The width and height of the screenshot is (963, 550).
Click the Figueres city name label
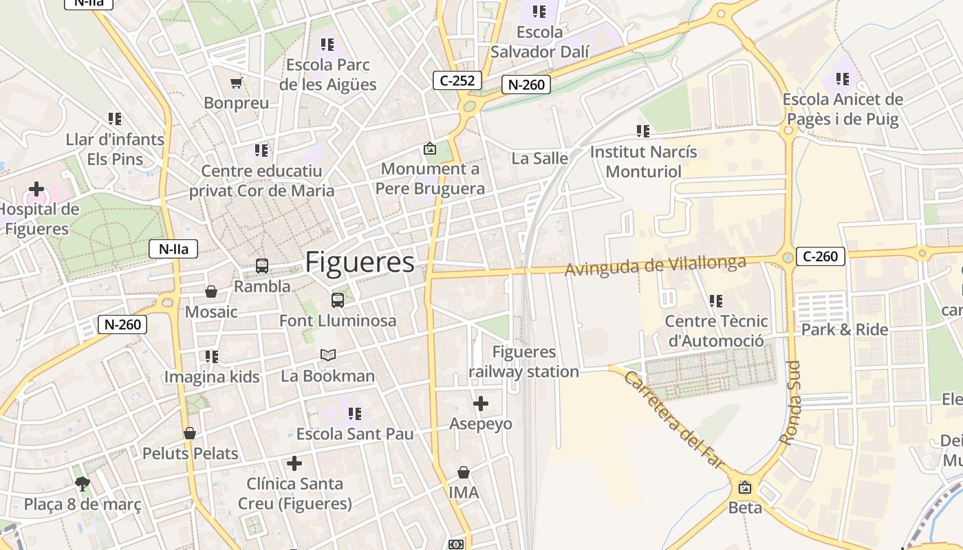(360, 263)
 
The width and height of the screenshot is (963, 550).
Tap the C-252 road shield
(457, 80)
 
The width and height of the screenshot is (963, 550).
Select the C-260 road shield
(821, 256)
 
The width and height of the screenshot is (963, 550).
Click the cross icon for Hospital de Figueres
(36, 188)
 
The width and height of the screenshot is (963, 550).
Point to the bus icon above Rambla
(261, 265)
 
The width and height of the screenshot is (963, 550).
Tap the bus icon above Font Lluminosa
(337, 300)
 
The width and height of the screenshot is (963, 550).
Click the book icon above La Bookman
(328, 355)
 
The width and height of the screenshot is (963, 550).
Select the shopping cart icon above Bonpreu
(237, 83)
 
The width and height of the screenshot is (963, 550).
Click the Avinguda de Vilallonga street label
(655, 266)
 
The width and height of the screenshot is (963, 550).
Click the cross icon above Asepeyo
(481, 403)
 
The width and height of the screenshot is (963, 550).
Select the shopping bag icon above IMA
(464, 472)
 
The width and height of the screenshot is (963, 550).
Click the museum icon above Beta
(745, 487)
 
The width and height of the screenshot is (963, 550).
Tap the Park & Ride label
(845, 329)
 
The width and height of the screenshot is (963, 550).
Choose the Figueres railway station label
(524, 362)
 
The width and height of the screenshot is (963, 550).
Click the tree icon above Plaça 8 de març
(83, 483)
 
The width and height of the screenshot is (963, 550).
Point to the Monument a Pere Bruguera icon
(430, 148)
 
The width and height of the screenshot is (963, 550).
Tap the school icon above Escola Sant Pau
(355, 413)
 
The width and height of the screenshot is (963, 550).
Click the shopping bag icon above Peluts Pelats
(190, 433)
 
